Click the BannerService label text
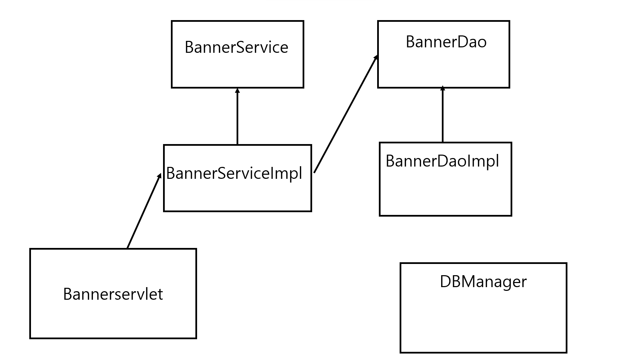[x=237, y=47]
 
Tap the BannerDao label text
[x=446, y=42]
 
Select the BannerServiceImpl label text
[x=234, y=173]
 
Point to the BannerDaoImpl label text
[x=442, y=161]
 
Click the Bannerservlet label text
[x=113, y=294]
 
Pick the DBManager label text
[x=483, y=282]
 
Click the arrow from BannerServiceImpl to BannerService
[x=237, y=116]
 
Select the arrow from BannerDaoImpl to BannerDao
[x=443, y=114]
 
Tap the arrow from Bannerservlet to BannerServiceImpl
[x=144, y=211]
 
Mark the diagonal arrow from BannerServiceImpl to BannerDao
[x=346, y=114]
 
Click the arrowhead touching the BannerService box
[x=237, y=91]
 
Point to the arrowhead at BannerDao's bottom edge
[x=443, y=89]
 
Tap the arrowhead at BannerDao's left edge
[x=376, y=57]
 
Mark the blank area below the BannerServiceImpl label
[x=237, y=197]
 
